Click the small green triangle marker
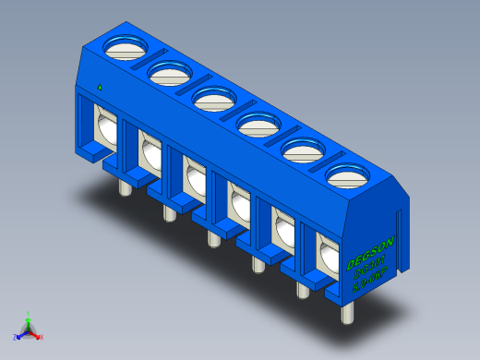(99, 87)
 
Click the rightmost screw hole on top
(346, 174)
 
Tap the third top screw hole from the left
(212, 97)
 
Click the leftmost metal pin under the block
(123, 188)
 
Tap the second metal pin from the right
(302, 289)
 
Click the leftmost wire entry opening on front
(105, 126)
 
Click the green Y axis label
(29, 314)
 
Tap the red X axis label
(42, 337)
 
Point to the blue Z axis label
(16, 337)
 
